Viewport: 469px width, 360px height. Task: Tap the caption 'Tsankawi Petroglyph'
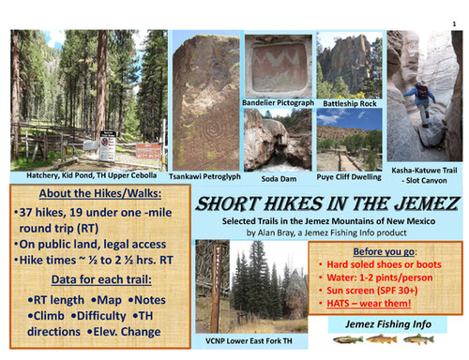point(203,175)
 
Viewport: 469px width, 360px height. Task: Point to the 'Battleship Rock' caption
point(348,97)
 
